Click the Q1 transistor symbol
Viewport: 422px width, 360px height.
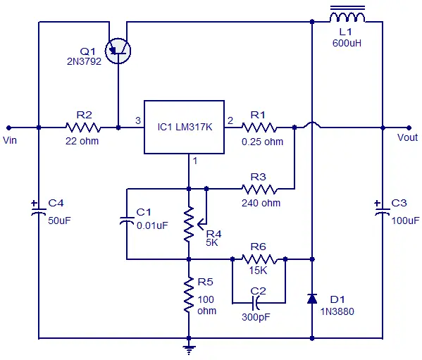point(118,51)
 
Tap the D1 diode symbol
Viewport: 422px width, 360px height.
point(312,299)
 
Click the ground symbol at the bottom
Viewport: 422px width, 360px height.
point(189,349)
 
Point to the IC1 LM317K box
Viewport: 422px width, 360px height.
point(185,128)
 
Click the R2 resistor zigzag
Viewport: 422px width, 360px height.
point(83,128)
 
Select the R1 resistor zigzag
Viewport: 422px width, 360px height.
point(259,128)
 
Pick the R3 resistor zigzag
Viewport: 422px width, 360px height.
point(259,189)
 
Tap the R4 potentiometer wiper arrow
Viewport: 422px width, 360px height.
point(202,224)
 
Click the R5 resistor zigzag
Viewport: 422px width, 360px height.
point(189,295)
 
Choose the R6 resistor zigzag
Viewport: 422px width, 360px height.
point(259,259)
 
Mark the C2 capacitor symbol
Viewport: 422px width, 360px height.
point(256,303)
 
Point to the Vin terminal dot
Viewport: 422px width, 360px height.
point(8,128)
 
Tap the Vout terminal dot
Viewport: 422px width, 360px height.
point(409,128)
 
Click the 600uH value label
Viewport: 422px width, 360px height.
point(347,43)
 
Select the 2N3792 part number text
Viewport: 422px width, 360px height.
point(85,61)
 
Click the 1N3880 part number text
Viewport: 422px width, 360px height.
point(337,311)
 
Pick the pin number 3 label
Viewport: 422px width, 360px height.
point(138,120)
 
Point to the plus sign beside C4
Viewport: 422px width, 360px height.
point(35,203)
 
